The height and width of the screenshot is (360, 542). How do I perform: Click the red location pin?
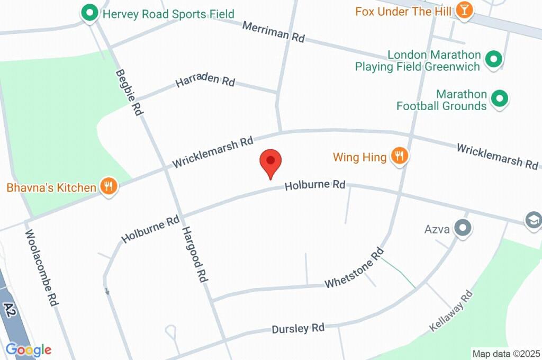(x=270, y=161)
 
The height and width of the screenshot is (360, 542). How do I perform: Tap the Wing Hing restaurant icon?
(x=400, y=156)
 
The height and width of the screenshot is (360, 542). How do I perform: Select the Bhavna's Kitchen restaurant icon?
(x=109, y=186)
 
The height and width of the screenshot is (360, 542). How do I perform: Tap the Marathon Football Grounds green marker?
(x=499, y=98)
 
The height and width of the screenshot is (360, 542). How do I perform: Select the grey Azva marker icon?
(x=464, y=229)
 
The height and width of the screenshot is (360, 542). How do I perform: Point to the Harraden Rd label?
(x=205, y=81)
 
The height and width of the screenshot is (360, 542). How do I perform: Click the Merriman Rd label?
(x=274, y=32)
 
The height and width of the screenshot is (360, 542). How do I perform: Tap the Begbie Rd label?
(x=130, y=93)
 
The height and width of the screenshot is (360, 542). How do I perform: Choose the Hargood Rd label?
(x=194, y=254)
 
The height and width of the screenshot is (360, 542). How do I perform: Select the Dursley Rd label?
(x=297, y=329)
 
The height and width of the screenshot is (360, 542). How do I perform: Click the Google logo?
(x=29, y=349)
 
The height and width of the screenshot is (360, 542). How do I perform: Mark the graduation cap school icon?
(x=534, y=220)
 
